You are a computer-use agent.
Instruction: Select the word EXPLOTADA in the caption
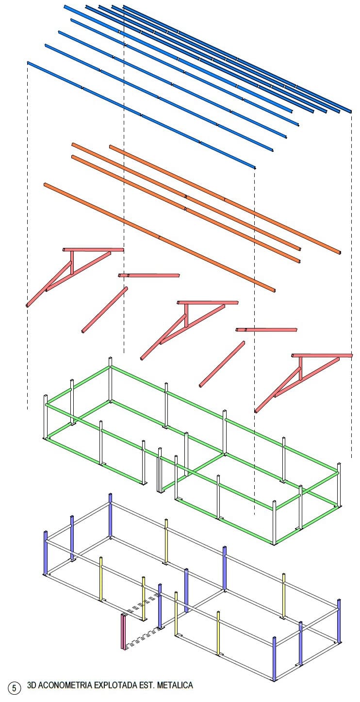point(116,685)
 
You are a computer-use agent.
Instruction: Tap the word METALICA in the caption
point(175,685)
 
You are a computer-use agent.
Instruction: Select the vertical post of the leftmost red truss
point(72,262)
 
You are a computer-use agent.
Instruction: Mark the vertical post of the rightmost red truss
point(300,369)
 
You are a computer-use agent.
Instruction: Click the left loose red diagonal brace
point(105,310)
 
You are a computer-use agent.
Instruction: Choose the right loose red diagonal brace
point(222,364)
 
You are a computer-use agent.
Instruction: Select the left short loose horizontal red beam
point(149,276)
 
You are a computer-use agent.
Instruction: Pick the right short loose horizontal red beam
point(266,330)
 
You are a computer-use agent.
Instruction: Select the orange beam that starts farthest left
point(160,238)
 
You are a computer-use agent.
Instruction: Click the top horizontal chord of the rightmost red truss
point(322,356)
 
